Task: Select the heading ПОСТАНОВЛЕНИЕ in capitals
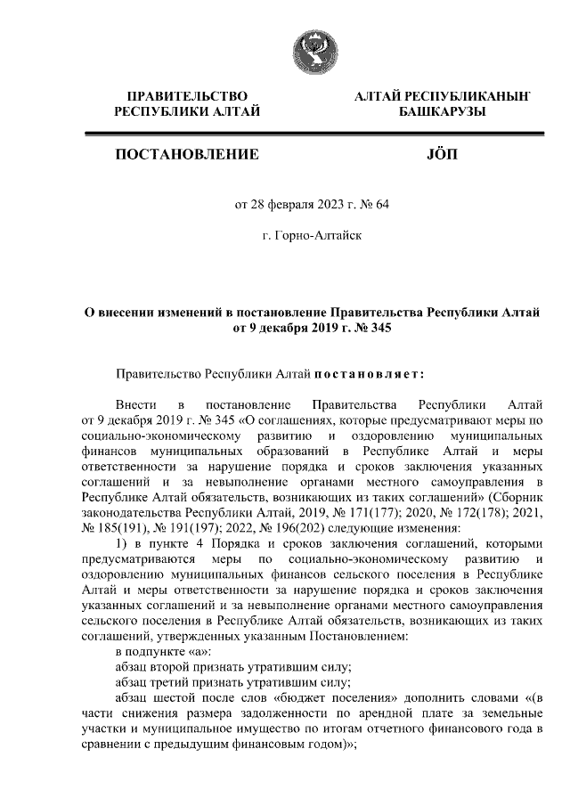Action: [187, 155]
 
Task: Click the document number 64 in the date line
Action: [383, 204]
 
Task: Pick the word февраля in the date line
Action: [293, 204]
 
